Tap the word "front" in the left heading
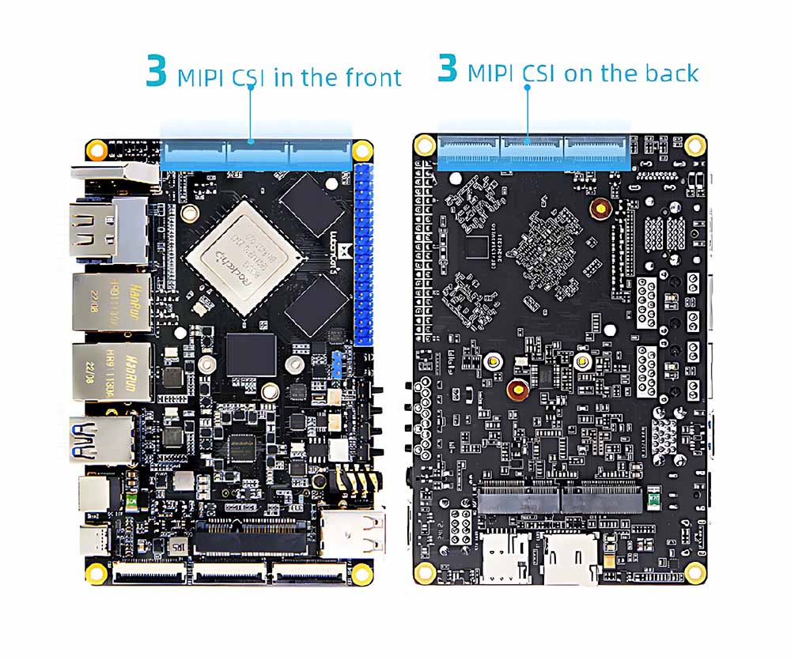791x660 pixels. tap(373, 77)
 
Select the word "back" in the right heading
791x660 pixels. tap(672, 74)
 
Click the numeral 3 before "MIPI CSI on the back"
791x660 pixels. tap(447, 67)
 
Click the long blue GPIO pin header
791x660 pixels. tap(364, 254)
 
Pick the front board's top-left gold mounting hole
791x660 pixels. tap(97, 149)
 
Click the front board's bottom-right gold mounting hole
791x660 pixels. tap(362, 571)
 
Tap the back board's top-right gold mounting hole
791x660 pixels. tap(695, 144)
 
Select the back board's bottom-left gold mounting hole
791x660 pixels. tap(425, 571)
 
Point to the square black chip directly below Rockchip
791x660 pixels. tap(251, 354)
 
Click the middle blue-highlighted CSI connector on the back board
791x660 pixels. tap(531, 149)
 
